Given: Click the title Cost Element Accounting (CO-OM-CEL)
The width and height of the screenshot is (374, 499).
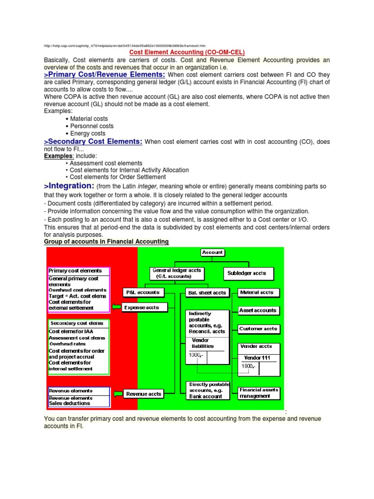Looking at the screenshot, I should (187, 52).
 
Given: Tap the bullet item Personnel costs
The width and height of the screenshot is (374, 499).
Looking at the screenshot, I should (92, 126).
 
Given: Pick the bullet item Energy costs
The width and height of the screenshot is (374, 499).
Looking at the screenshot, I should (88, 133).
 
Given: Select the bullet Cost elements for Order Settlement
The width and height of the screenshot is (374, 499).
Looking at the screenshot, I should (117, 177).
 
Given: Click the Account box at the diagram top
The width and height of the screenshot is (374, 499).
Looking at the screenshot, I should (212, 252).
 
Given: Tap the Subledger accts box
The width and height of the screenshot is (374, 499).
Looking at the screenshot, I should (248, 273).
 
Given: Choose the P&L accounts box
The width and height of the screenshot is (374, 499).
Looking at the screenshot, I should (143, 292).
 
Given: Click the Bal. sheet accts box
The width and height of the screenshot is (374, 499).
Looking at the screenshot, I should (206, 293).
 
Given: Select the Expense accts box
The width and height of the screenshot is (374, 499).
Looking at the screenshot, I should (141, 307).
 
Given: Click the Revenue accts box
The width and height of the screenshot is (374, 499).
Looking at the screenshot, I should (143, 394).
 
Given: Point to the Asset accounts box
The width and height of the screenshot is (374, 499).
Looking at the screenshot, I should (259, 310).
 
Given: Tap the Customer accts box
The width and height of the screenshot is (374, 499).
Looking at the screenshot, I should (259, 329).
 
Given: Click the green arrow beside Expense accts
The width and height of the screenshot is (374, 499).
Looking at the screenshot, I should (116, 307).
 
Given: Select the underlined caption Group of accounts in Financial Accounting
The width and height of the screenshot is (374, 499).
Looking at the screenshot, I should (106, 242).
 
